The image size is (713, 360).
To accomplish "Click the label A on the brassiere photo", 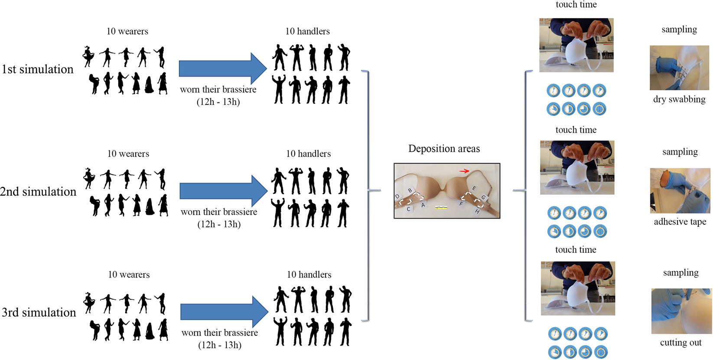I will tap(423, 205).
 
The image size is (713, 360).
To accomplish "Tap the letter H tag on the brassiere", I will tap(477, 211).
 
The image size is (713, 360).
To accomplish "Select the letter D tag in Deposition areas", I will tap(397, 196).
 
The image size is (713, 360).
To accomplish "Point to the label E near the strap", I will tap(474, 189).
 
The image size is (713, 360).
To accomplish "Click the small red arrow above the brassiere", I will tap(464, 171).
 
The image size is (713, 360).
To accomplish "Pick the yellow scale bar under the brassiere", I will tap(441, 208).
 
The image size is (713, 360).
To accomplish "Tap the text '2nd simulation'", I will tap(38, 192).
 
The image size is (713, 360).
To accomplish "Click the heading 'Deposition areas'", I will tap(444, 149).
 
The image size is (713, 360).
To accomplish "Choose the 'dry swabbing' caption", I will tap(679, 99).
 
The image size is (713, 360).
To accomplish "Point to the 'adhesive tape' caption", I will tap(680, 222).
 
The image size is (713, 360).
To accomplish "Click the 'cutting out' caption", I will tap(680, 343).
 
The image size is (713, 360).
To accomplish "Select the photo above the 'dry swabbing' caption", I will tap(679, 68).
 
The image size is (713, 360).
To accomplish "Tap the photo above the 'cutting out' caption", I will tap(681, 311).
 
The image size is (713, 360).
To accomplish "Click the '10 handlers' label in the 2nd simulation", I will tap(308, 154).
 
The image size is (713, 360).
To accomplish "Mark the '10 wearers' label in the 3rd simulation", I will tap(129, 275).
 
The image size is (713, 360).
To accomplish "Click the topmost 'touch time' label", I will tap(576, 5).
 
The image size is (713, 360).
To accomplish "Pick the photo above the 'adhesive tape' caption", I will tap(680, 191).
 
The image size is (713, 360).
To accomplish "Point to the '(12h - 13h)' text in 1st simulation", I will tap(218, 102).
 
